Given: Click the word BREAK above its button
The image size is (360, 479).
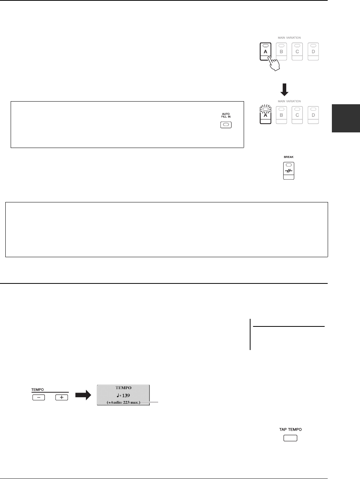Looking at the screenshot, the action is click(x=289, y=156).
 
